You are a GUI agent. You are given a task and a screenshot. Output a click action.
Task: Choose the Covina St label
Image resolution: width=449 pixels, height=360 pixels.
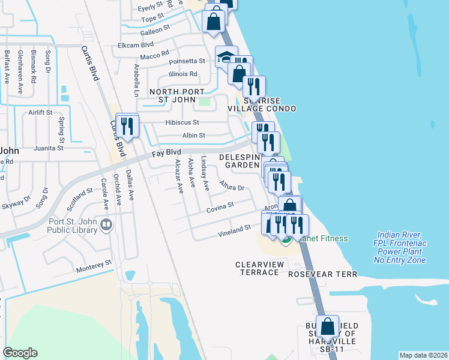point(220,206)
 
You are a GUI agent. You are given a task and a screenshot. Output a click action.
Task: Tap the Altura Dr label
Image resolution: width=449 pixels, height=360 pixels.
point(232,185)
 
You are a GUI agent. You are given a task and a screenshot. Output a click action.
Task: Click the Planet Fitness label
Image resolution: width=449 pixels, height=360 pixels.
point(323,238)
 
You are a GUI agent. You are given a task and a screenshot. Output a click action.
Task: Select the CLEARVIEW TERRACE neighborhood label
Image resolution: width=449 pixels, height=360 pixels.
point(257,268)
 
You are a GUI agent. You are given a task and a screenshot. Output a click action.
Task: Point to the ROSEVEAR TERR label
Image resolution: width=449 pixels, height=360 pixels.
point(322,274)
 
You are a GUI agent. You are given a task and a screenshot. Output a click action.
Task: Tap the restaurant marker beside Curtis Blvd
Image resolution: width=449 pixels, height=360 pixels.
point(127,126)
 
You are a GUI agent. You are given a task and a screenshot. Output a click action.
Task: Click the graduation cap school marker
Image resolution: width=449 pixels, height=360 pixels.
point(224,58)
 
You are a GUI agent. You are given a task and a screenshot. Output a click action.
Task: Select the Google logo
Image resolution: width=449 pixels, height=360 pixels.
point(20,352)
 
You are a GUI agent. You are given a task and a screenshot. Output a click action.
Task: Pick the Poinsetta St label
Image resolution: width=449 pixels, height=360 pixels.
point(187,61)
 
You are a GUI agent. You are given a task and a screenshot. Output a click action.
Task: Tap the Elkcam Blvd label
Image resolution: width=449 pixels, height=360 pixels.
point(136,44)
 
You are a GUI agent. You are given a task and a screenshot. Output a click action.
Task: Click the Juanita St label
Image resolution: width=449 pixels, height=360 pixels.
point(49,148)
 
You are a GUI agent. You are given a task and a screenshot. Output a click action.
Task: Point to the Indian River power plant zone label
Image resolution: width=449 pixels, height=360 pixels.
point(399,247)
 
